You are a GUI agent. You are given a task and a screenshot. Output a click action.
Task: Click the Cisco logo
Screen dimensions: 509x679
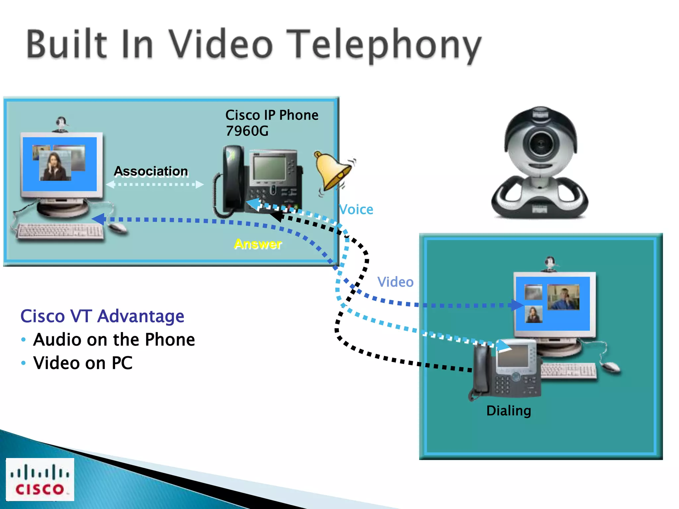[40, 479]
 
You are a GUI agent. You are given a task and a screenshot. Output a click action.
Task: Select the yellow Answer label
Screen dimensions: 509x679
[258, 244]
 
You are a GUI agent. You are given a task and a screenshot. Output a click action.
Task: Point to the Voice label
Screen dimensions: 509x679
[356, 209]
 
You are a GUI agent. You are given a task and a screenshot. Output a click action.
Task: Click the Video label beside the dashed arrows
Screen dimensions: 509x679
[395, 282]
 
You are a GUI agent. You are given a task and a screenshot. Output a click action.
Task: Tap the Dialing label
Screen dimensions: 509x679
[509, 411]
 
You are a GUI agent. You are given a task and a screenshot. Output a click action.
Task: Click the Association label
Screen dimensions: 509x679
[151, 171]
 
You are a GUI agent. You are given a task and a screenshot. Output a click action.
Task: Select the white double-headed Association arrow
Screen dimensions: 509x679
[154, 184]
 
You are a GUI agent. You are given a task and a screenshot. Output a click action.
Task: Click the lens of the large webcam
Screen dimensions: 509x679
[540, 144]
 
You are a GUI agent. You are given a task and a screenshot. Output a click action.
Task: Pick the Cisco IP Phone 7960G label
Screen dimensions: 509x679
[272, 123]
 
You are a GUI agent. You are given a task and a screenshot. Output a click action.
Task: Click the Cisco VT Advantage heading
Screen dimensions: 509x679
[102, 316]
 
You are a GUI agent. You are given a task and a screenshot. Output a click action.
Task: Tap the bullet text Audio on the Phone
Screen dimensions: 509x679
[114, 340]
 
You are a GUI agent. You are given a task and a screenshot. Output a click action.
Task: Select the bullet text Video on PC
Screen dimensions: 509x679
[83, 363]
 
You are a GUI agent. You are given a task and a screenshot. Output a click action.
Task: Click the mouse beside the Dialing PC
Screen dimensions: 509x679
[610, 367]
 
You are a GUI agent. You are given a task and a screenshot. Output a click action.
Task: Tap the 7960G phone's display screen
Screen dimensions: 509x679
[269, 168]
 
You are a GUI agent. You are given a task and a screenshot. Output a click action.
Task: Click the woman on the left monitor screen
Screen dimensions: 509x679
[55, 166]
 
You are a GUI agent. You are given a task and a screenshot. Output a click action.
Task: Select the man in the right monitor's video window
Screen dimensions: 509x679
[564, 297]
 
